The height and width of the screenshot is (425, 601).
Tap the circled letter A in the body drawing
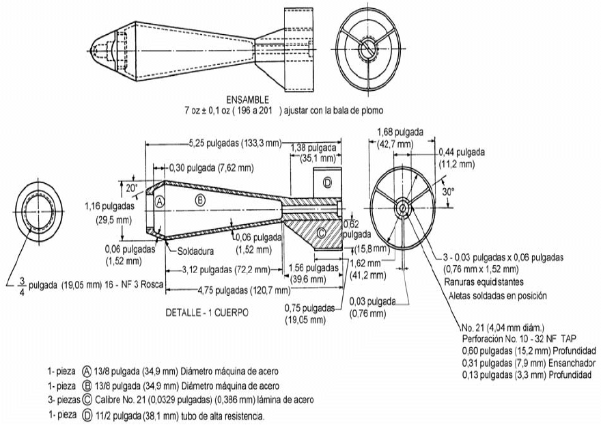159,202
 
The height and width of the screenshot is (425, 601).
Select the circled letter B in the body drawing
200,200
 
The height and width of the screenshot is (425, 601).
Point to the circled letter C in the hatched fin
321,232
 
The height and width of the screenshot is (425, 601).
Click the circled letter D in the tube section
327,182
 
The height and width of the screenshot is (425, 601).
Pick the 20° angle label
130,184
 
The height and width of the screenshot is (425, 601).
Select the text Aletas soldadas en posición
498,296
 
